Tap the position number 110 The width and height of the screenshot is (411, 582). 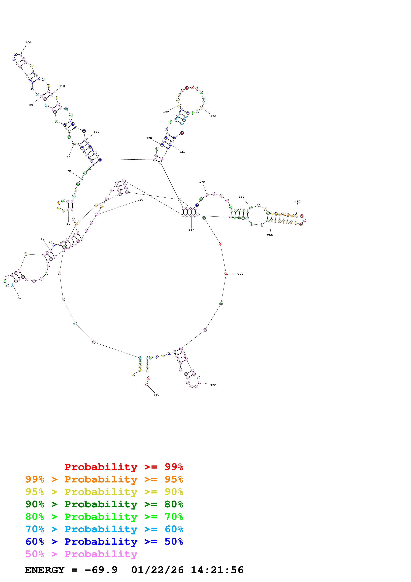point(62,86)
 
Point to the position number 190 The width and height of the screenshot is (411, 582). point(298,202)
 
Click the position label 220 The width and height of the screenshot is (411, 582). point(240,274)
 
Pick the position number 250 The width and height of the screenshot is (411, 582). point(156,395)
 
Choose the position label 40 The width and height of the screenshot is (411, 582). point(20,298)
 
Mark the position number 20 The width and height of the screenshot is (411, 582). point(141,200)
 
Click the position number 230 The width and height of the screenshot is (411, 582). point(214,385)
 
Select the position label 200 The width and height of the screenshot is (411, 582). point(270,235)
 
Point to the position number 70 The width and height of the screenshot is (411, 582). point(69,171)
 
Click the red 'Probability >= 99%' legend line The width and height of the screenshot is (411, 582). point(124,467)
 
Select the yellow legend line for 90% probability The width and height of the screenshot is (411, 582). point(104,492)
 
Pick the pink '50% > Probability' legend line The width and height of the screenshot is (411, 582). point(81,554)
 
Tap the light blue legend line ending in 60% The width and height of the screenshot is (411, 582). point(104,529)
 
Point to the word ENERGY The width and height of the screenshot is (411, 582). point(45,570)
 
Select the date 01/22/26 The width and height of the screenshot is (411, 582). point(158,570)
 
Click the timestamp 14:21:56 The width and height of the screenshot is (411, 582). point(217,570)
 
